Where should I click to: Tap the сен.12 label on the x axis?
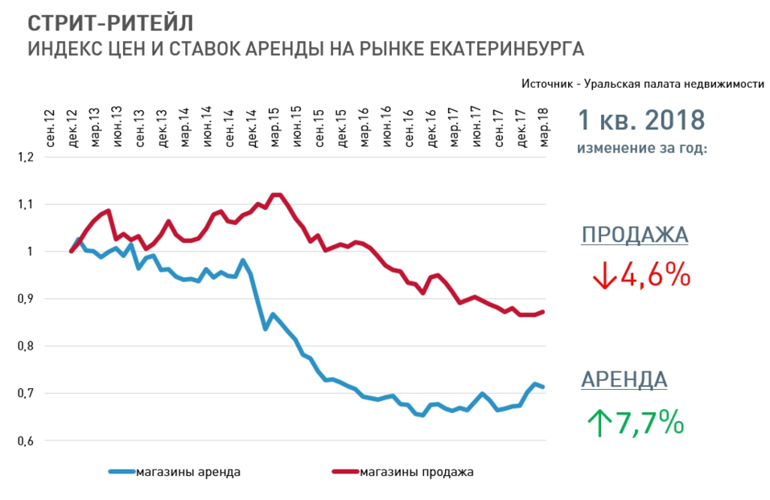51,126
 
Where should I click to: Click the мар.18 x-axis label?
545,126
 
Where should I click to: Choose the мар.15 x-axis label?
275,126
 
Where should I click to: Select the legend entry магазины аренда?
188,472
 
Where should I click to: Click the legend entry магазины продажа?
417,472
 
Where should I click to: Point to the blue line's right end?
544,387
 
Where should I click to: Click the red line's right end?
544,312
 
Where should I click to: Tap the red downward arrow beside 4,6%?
604,276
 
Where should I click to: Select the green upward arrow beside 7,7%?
599,423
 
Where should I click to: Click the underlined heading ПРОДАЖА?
635,236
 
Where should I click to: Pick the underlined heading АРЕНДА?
624,380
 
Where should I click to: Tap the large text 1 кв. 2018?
641,121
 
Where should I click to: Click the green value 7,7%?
649,422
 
